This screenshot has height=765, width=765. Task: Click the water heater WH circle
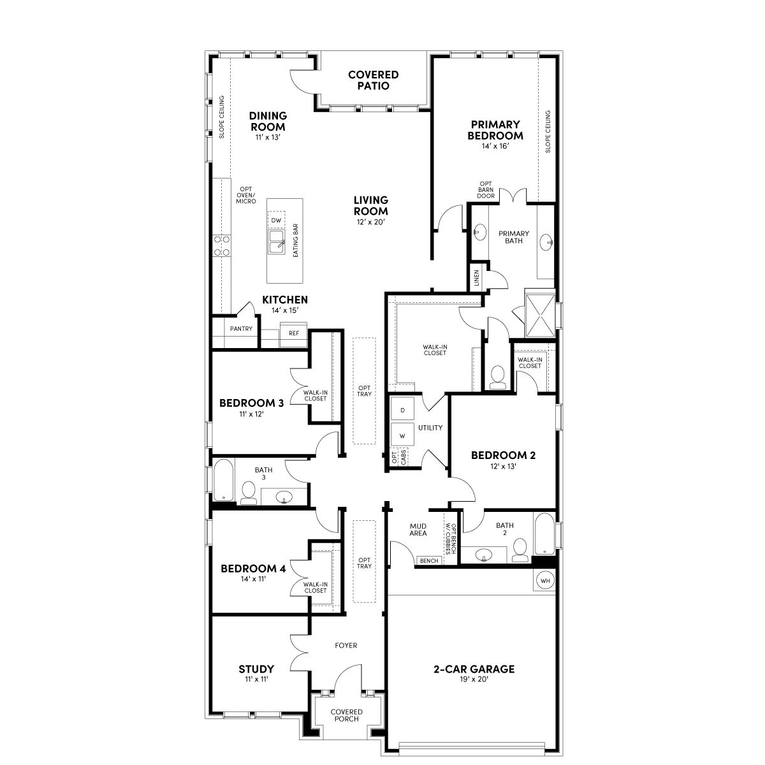545,580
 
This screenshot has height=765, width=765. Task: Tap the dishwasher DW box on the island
276,220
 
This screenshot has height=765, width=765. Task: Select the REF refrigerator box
294,333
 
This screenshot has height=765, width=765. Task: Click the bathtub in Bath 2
544,534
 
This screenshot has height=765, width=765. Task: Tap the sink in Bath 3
284,496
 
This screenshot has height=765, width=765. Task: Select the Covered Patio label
373,80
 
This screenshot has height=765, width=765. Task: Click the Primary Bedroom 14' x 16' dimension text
495,146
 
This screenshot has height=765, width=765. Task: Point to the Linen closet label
477,277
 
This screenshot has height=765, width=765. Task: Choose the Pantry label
241,329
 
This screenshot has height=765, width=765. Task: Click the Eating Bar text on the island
295,240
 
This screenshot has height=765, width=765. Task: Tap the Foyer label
346,646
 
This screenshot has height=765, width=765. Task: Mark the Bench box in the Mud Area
429,560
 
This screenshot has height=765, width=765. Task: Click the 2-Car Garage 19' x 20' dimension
474,679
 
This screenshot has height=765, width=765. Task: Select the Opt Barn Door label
486,190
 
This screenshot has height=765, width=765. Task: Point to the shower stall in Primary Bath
540,315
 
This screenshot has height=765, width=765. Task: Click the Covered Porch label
347,715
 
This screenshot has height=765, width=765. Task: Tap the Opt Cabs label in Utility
398,457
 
